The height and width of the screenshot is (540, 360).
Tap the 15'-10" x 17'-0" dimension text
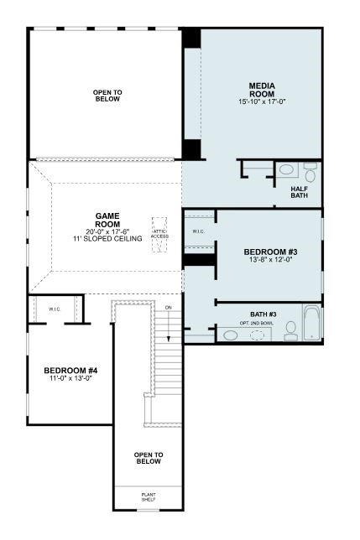pos(262,101)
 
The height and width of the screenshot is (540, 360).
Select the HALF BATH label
pos(301,192)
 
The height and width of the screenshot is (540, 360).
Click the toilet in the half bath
pos(310,174)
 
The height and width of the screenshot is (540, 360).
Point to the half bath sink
pos(286,170)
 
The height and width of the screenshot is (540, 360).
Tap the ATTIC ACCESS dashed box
pos(159,229)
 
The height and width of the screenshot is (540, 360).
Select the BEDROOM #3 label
pos(270,252)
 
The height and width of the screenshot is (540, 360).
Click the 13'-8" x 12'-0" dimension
pos(270,261)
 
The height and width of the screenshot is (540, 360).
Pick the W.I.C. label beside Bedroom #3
pos(199,231)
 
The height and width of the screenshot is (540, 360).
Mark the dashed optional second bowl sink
pos(258,335)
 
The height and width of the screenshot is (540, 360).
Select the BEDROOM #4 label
pos(70,370)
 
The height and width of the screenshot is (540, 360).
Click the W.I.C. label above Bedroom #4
pos(55,309)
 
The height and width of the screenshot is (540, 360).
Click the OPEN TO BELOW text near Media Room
pos(107,95)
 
